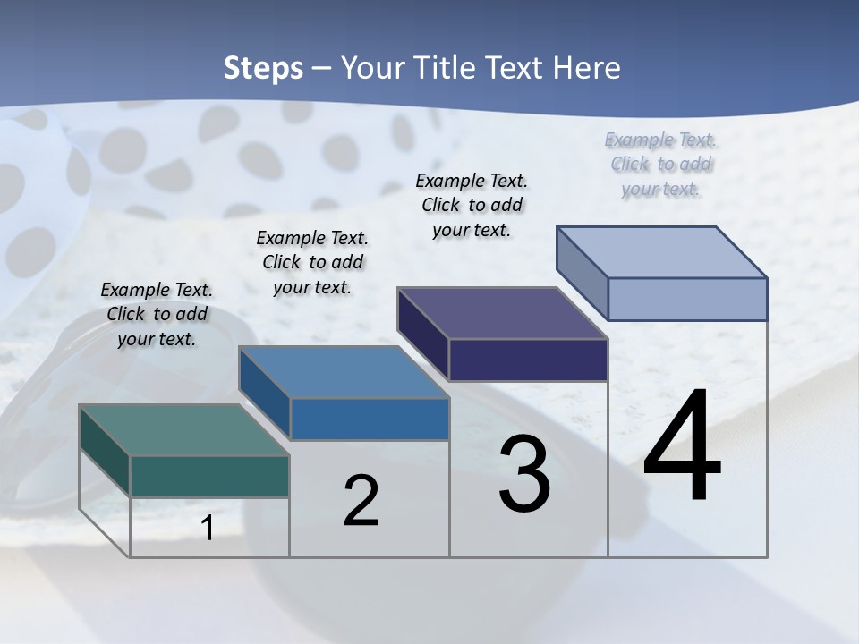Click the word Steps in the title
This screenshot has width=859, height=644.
coord(263,68)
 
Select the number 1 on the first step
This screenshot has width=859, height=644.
coord(208,529)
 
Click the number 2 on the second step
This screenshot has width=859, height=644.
coord(361,501)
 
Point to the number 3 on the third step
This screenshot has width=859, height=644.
coord(524,474)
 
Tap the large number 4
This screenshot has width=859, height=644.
coord(682,447)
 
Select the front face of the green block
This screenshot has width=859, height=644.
coord(209,476)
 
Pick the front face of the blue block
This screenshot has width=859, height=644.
coord(370,419)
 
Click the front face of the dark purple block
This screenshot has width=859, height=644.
coord(528,360)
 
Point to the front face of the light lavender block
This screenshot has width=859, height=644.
coord(687,299)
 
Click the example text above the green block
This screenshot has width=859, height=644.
coord(157,314)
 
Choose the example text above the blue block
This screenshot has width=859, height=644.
coord(312,262)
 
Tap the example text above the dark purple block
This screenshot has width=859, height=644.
coord(472,205)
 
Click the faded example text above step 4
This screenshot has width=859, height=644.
coord(661,164)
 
